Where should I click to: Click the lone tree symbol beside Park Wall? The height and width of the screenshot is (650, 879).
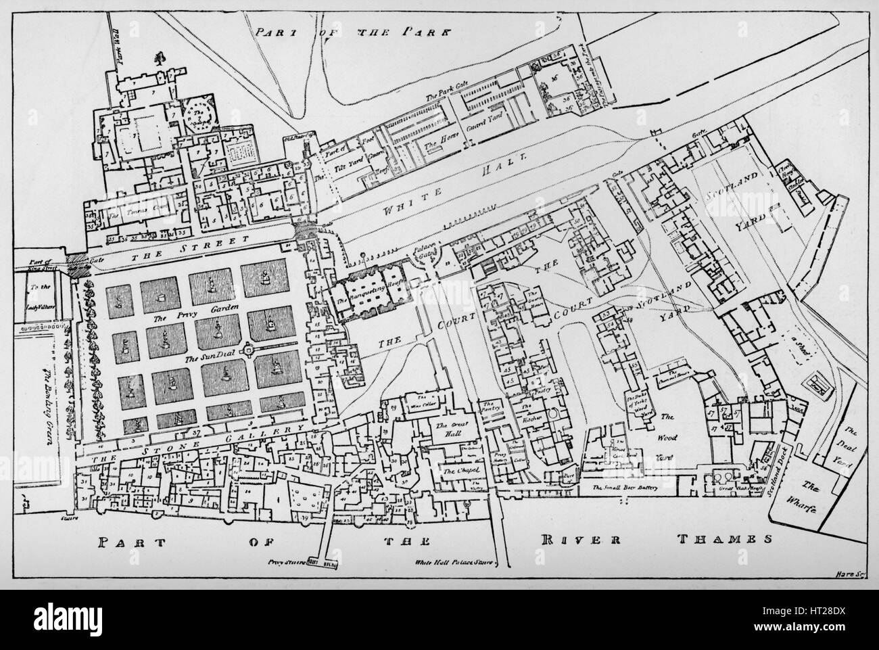point(160,58)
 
